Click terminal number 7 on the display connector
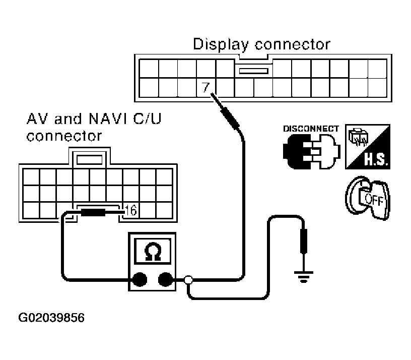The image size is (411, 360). click(206, 87)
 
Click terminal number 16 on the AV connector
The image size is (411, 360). click(131, 210)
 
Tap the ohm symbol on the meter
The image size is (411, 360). click(153, 252)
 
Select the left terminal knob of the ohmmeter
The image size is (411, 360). click(140, 279)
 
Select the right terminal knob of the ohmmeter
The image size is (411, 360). click(165, 279)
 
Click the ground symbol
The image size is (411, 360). click(304, 277)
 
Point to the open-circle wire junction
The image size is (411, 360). click(188, 280)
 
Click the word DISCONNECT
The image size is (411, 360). click(311, 129)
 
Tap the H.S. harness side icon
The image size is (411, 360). click(368, 147)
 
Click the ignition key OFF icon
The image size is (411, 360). click(368, 198)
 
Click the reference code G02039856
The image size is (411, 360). click(51, 318)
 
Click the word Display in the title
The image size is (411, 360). click(221, 44)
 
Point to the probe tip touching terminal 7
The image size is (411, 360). click(211, 94)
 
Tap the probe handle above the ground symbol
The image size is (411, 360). click(304, 241)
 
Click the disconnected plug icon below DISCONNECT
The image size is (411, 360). click(311, 151)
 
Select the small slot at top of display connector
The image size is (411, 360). click(253, 71)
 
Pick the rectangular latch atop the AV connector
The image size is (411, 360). click(89, 160)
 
